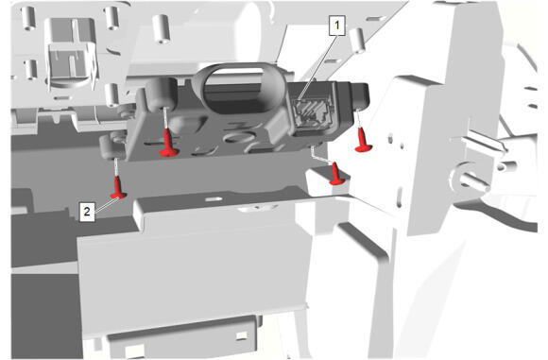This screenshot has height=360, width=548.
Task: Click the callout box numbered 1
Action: click(x=337, y=26)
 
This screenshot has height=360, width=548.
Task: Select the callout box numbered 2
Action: click(x=87, y=211)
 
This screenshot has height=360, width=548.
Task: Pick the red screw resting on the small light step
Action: click(x=335, y=174)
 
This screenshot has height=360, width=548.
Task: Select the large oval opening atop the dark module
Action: click(x=238, y=87)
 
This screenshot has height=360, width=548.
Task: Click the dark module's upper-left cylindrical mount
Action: click(x=162, y=94)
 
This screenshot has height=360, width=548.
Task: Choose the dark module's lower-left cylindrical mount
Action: click(x=112, y=146)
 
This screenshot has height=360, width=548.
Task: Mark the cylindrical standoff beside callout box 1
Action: click(x=357, y=41)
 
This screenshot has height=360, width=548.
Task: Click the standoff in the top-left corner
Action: click(x=28, y=18)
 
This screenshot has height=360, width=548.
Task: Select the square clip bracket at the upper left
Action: click(x=71, y=52)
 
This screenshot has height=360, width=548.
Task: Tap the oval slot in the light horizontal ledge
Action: click(x=214, y=199)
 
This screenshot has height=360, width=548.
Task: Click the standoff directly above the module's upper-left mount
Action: click(x=162, y=28)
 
